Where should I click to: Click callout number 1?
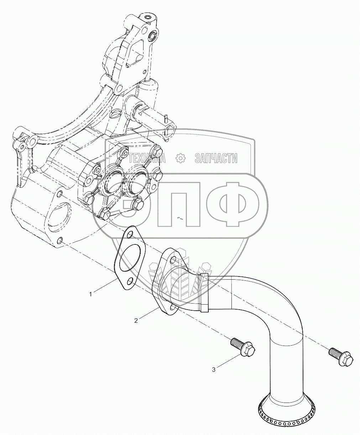(91, 294)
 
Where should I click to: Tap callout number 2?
(136, 321)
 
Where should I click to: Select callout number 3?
(214, 369)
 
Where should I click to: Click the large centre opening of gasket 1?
(130, 257)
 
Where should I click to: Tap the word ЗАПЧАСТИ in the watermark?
(216, 158)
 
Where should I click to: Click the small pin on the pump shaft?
(166, 117)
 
